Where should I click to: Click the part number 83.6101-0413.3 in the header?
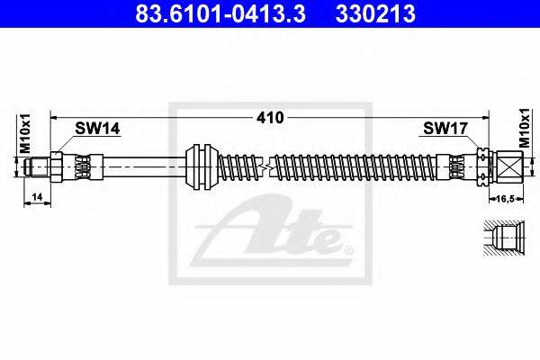(x=220, y=13)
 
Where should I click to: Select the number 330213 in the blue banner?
(x=375, y=13)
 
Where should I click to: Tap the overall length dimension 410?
(x=270, y=118)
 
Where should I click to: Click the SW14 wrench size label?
(x=97, y=129)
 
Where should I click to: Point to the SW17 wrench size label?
(x=445, y=129)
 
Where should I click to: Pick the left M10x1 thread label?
(x=25, y=134)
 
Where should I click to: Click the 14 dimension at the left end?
(x=37, y=197)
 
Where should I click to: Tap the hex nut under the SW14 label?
(x=57, y=167)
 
